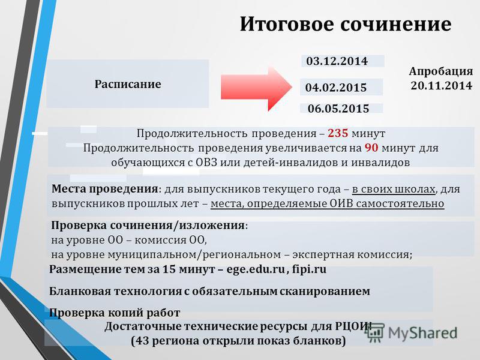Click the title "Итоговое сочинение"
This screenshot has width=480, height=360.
(x=346, y=23)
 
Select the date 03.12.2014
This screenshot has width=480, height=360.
(x=337, y=61)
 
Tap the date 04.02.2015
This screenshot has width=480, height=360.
(x=336, y=88)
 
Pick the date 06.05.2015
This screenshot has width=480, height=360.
(x=338, y=109)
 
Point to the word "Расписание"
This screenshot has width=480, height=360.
(x=128, y=84)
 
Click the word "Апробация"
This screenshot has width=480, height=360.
(x=441, y=71)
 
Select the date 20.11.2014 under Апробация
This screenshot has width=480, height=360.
(x=442, y=85)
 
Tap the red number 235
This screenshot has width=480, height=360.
(x=338, y=133)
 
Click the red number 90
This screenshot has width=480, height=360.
(x=371, y=148)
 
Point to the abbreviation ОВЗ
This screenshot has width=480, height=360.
(x=206, y=162)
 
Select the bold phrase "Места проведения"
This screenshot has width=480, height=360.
(x=104, y=188)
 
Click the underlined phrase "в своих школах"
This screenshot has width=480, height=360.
(x=394, y=189)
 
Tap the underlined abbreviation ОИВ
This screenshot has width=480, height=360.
(x=341, y=203)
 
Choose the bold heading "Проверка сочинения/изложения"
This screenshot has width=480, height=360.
(x=148, y=226)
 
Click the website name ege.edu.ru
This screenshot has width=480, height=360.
(x=256, y=269)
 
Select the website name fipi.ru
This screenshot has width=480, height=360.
(x=309, y=269)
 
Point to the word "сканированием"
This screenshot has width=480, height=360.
(x=325, y=291)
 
